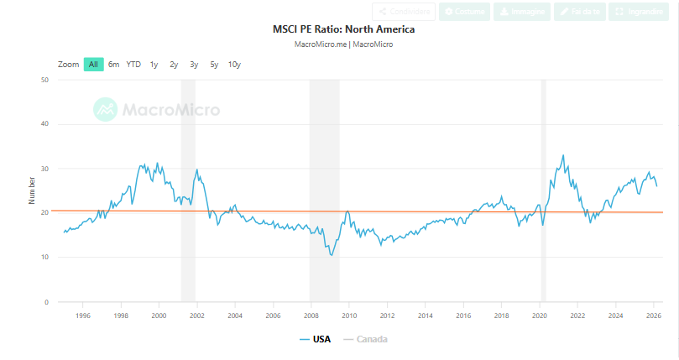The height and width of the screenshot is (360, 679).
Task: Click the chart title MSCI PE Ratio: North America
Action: coord(343,29)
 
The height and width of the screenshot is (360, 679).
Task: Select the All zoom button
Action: coord(93,65)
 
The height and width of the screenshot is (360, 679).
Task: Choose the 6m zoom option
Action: coord(114,65)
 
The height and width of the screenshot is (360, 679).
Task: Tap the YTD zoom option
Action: coord(133,65)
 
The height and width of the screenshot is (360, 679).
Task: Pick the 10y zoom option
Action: coord(234,65)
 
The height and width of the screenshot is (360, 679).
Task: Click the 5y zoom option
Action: coord(214,65)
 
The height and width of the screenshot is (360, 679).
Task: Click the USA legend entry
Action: coord(315,339)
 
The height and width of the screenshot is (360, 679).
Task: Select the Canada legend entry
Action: coord(365,339)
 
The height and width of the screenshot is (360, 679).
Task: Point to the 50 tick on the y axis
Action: coord(44,80)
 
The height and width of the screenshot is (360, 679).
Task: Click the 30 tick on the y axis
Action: coord(44,169)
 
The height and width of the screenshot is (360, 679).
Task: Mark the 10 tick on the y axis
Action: coord(44,258)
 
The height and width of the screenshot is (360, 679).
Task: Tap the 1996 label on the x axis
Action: coord(83,316)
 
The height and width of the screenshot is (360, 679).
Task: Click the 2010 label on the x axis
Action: coord(349,316)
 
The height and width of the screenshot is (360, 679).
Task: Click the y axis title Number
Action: coord(33,190)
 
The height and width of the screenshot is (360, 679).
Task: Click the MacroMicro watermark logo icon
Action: coord(105,109)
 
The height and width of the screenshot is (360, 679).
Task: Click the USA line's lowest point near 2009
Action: coord(332,255)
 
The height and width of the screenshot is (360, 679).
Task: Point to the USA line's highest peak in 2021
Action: coord(562,155)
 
